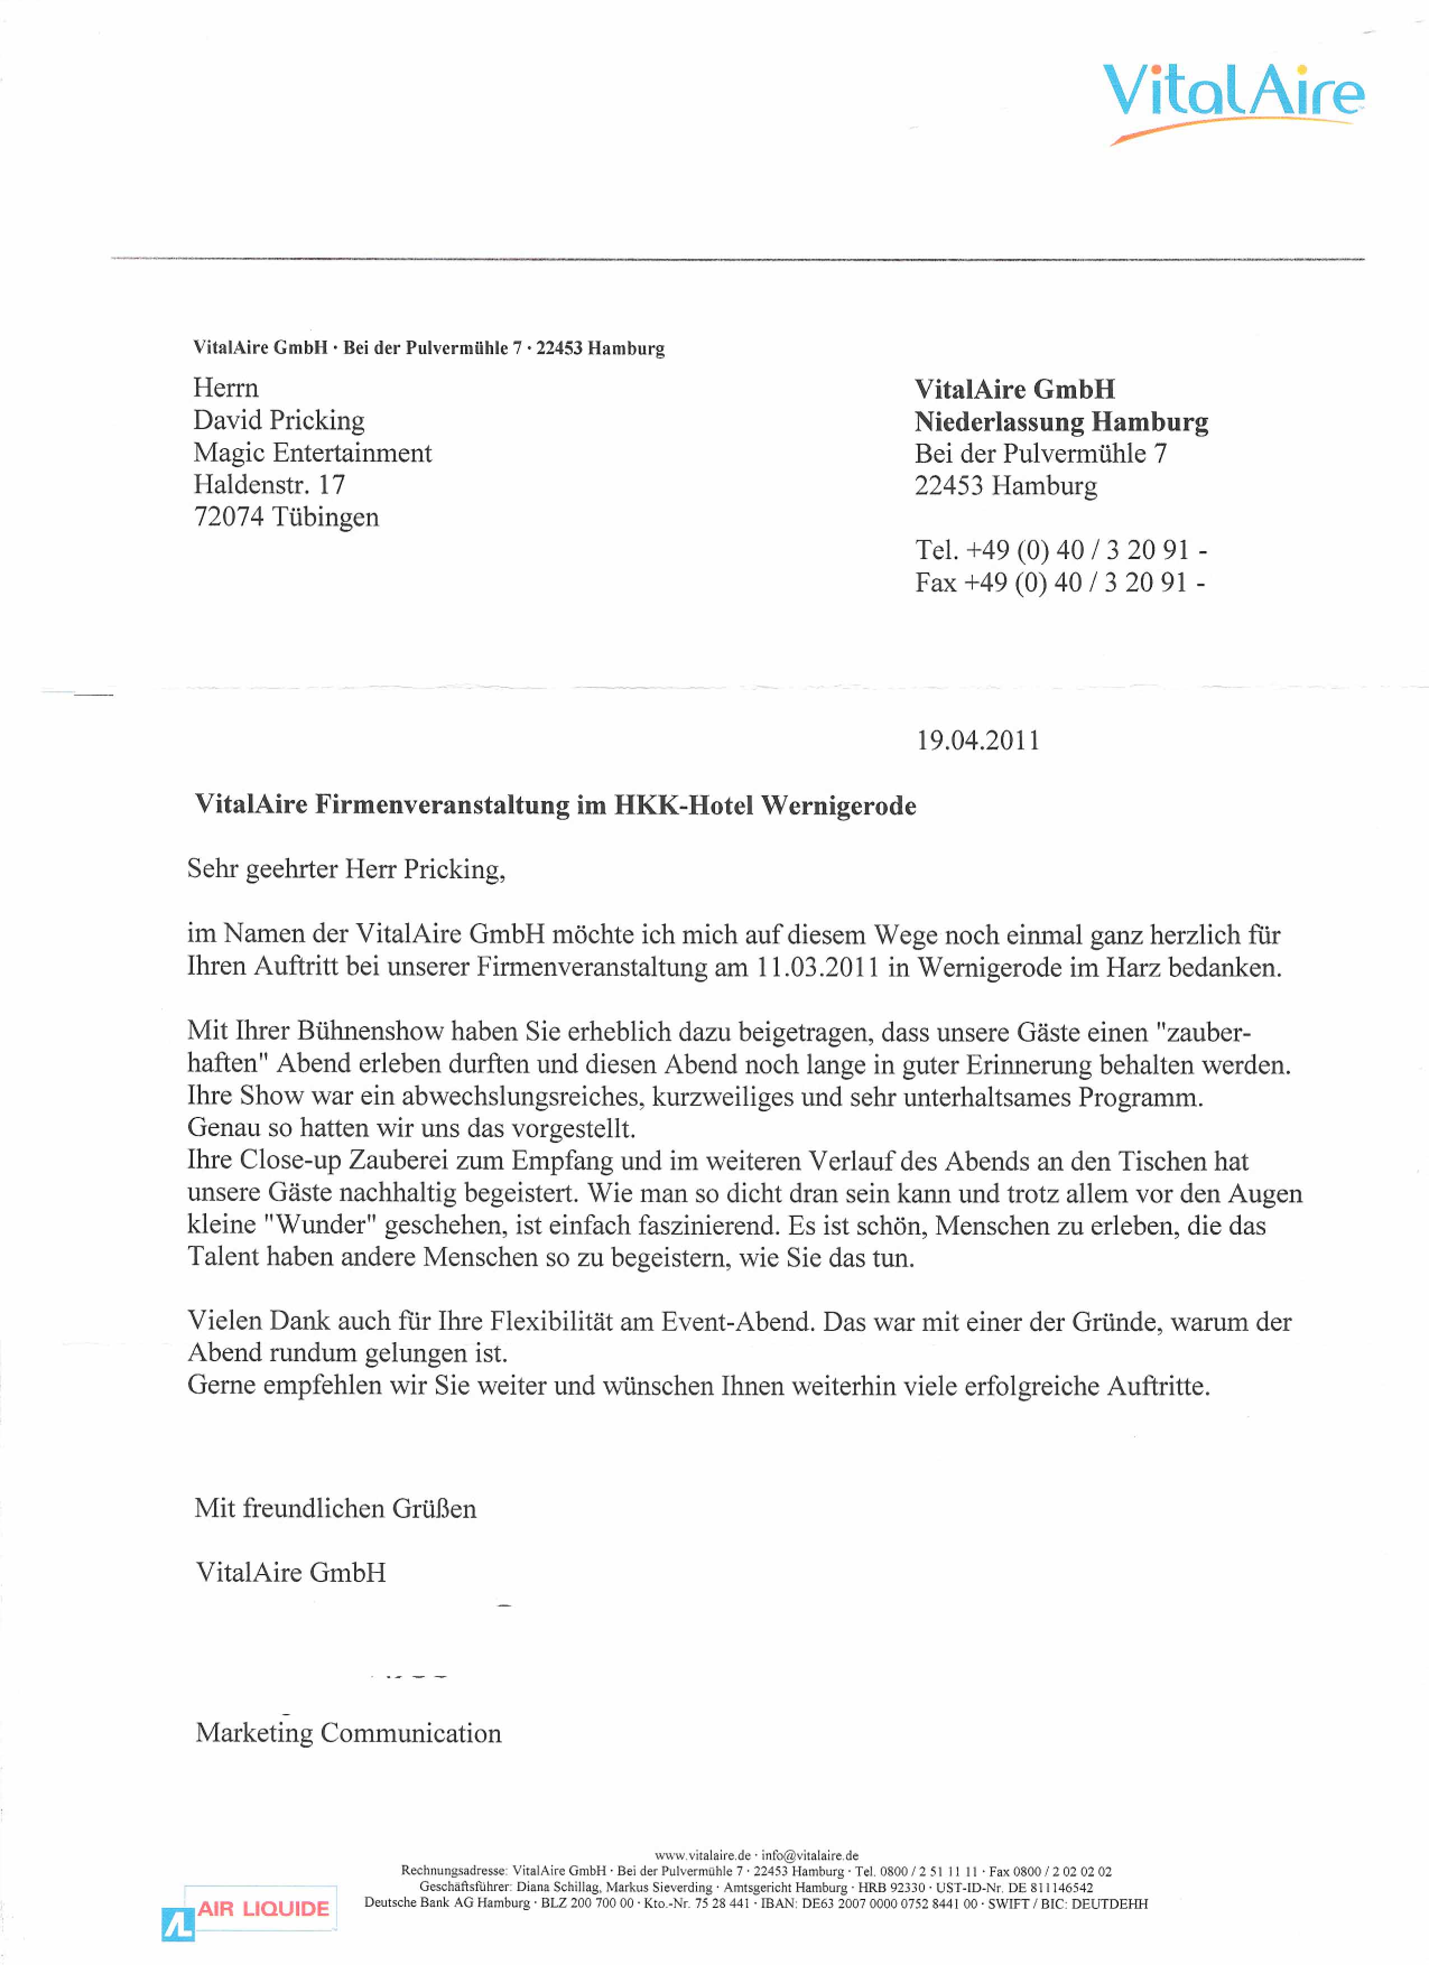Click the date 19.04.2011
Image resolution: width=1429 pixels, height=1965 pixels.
(977, 741)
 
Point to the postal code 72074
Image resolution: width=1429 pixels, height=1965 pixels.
(228, 517)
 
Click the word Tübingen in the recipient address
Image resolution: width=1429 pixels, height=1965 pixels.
(325, 517)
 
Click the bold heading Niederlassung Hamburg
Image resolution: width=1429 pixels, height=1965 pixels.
(1061, 422)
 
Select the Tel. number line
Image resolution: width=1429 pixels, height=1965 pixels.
(1061, 550)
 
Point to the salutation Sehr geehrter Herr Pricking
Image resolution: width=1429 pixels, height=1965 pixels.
(346, 869)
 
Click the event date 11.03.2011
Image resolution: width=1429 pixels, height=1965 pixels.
(817, 968)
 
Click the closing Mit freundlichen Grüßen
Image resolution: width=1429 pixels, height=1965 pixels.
(335, 1508)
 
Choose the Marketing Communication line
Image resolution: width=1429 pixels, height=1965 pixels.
(349, 1733)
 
